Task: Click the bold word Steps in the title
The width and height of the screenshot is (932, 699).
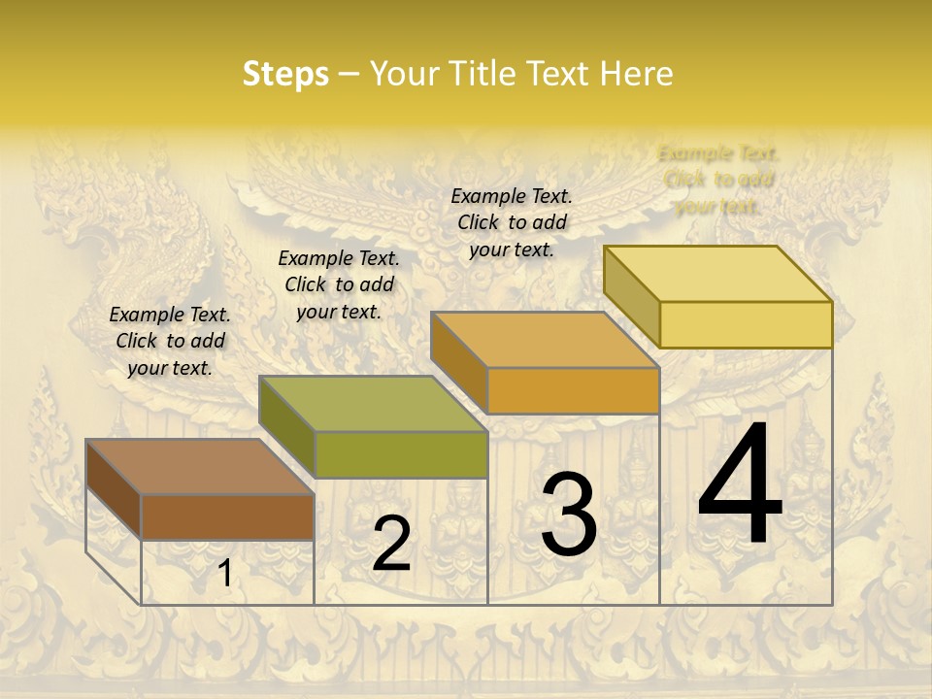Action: [x=285, y=74]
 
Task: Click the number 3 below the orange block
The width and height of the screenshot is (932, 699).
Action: [x=569, y=514]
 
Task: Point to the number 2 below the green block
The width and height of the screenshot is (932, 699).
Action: [x=391, y=544]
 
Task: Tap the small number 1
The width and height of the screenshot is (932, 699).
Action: [x=224, y=574]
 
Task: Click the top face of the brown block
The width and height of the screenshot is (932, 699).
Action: [x=200, y=467]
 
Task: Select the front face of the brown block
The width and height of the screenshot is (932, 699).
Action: [x=227, y=516]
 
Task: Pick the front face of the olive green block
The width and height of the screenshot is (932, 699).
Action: [x=400, y=454]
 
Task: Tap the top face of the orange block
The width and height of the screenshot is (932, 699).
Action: [x=545, y=340]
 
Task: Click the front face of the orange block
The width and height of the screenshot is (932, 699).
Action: [x=573, y=390]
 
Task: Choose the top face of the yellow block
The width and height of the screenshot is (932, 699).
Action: [x=717, y=274]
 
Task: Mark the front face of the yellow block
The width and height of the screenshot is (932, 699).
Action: [x=746, y=324]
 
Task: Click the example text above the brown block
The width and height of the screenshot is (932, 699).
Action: [x=170, y=341]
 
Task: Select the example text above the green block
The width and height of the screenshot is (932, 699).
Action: [x=339, y=284]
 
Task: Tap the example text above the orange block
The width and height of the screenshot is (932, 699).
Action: [x=512, y=222]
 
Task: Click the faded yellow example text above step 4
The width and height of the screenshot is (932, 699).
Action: [x=718, y=180]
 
